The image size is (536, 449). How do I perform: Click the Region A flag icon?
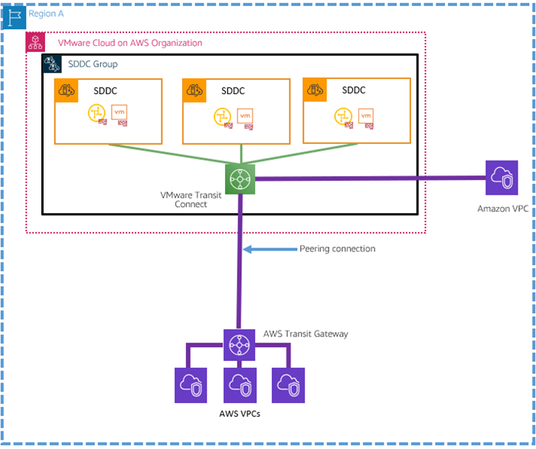coord(14,15)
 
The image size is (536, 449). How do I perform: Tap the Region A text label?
coord(44,15)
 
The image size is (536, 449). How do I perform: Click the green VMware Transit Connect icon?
coord(240,179)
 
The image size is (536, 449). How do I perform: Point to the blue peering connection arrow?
coord(268,249)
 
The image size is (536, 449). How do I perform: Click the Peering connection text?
coord(337,249)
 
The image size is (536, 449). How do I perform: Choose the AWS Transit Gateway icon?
coord(240,346)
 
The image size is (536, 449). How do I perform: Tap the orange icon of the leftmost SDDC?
coord(66,90)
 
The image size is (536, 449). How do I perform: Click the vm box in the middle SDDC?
coord(245,115)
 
